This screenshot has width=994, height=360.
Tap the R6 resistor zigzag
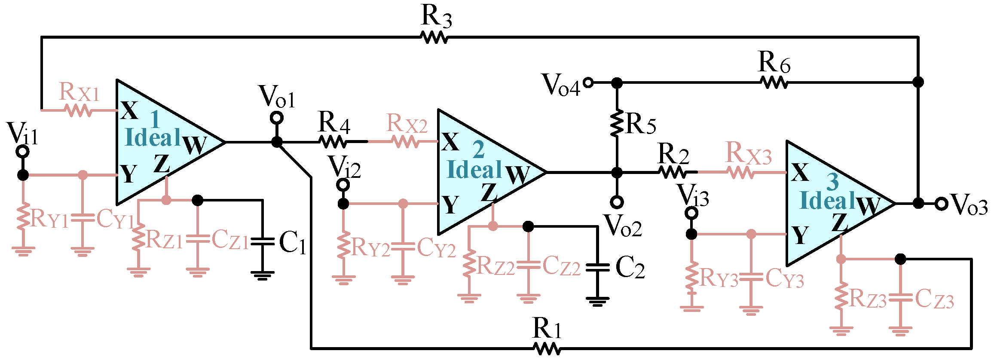pyautogui.click(x=774, y=82)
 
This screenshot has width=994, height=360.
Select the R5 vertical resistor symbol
pyautogui.click(x=617, y=124)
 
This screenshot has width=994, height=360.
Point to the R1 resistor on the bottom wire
pyautogui.click(x=547, y=348)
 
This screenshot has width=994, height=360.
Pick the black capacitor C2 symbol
pyautogui.click(x=597, y=267)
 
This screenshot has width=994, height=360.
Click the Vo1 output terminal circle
pyautogui.click(x=277, y=118)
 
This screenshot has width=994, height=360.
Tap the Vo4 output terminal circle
pyautogui.click(x=588, y=82)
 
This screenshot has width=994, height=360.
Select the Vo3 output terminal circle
pyautogui.click(x=942, y=204)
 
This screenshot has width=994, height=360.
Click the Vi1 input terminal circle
pyautogui.click(x=22, y=151)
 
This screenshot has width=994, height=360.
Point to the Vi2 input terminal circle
pyautogui.click(x=343, y=185)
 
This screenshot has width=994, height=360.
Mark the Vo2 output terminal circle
pyautogui.click(x=617, y=201)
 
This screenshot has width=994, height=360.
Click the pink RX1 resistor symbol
pyautogui.click(x=78, y=110)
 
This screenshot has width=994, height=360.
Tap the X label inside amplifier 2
pyautogui.click(x=450, y=142)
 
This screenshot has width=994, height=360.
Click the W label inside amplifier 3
pyautogui.click(x=868, y=206)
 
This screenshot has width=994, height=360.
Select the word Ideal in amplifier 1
pyautogui.click(x=153, y=137)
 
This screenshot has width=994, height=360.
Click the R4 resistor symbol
pyautogui.click(x=333, y=141)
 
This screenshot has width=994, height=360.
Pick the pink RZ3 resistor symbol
pyautogui.click(x=841, y=296)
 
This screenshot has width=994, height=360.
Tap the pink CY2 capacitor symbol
pyautogui.click(x=403, y=247)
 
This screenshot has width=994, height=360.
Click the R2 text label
pyautogui.click(x=673, y=153)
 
